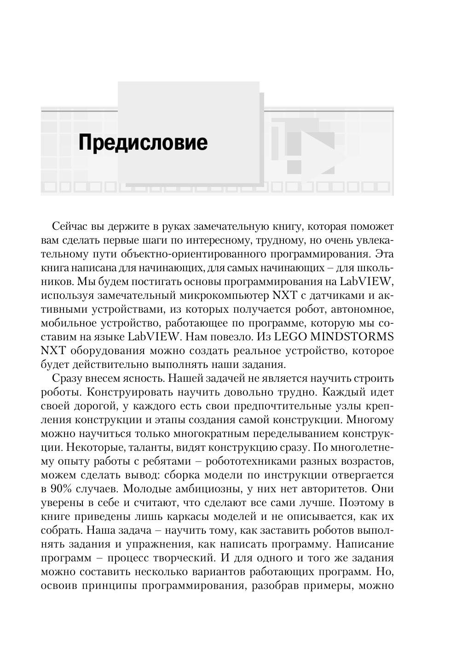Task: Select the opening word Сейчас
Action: (x=69, y=227)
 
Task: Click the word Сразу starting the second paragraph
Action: (x=69, y=379)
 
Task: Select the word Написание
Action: (x=365, y=544)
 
